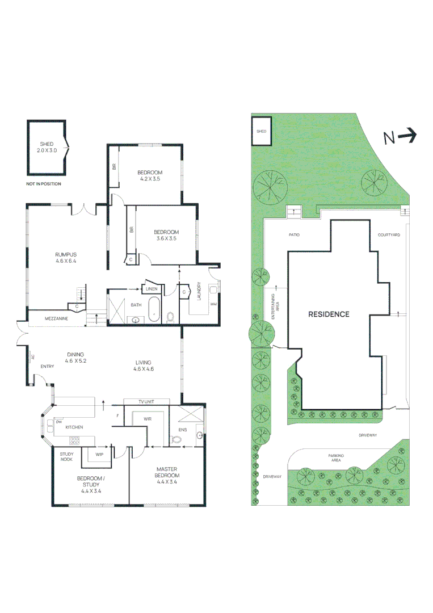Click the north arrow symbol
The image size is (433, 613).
click(400, 136)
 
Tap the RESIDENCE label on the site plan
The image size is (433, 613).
click(329, 314)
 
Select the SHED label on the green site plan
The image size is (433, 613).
click(261, 131)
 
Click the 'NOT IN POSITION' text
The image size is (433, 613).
click(43, 184)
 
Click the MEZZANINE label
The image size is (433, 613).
click(57, 319)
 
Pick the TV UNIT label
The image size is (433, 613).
click(146, 402)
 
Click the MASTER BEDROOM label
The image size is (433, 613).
click(168, 472)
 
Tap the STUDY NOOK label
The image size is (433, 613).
click(67, 456)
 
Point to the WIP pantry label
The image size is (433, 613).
click(99, 455)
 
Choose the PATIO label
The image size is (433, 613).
click(293, 234)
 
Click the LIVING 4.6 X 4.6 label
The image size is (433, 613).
click(144, 366)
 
